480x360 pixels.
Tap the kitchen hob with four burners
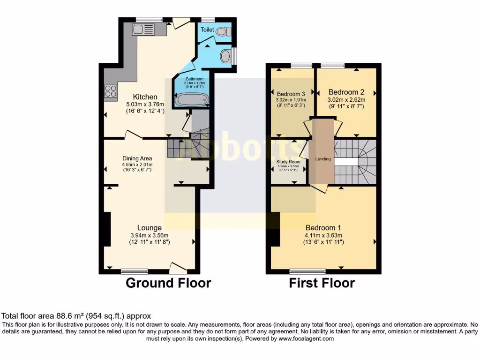pyautogui.click(x=111, y=91)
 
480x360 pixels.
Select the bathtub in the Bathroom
pyautogui.click(x=191, y=99)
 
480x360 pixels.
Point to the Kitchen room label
pyautogui.click(x=145, y=97)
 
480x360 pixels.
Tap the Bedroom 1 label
pyautogui.click(x=323, y=228)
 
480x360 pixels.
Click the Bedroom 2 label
pyautogui.click(x=346, y=92)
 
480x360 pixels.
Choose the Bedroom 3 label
pyautogui.click(x=291, y=93)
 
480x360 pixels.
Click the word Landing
pyautogui.click(x=323, y=159)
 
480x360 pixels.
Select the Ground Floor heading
pyautogui.click(x=168, y=283)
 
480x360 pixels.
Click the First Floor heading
pyautogui.click(x=322, y=283)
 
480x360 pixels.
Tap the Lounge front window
pyautogui.click(x=134, y=271)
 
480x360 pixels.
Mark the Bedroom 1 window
pyautogui.click(x=307, y=271)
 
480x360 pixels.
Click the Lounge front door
pyautogui.click(x=178, y=269)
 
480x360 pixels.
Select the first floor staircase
pyautogui.click(x=355, y=162)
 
